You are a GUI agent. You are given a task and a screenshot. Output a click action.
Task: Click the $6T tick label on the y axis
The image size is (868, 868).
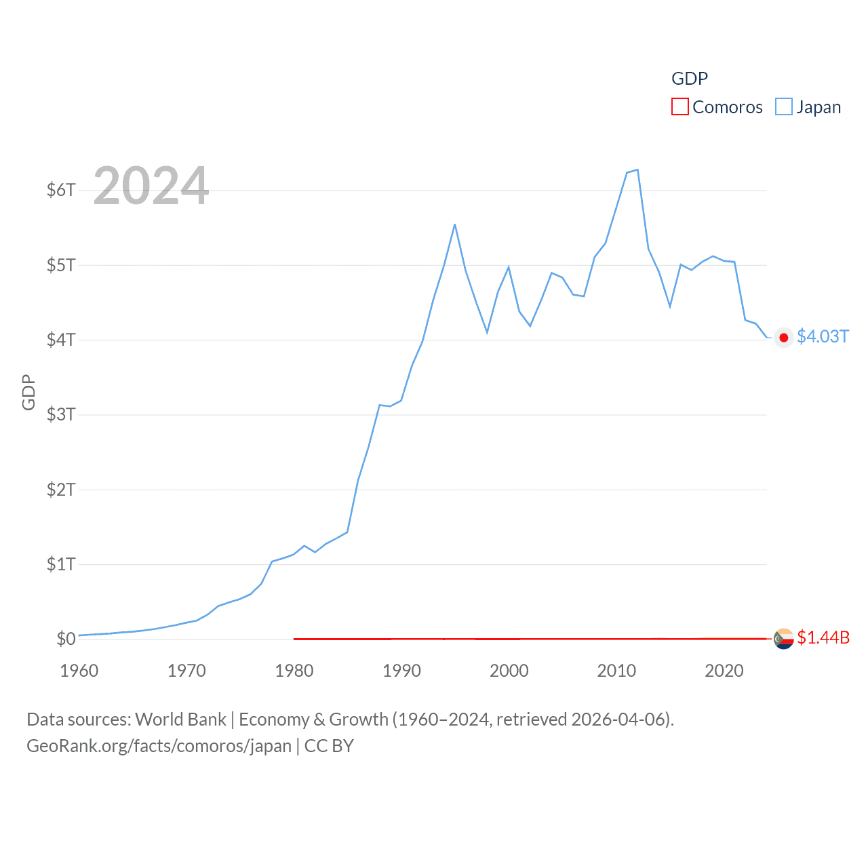60,190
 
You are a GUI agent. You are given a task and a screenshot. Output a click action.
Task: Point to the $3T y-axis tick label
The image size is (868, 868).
60,414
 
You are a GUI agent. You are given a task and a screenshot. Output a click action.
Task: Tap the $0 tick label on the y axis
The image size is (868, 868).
66,639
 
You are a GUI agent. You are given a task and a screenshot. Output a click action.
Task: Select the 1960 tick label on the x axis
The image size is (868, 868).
79,671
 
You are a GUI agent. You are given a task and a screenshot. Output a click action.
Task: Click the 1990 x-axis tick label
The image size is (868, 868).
401,671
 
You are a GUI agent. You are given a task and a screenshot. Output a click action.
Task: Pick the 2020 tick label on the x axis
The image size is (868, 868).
724,671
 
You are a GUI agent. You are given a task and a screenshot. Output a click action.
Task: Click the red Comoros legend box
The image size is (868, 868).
680,107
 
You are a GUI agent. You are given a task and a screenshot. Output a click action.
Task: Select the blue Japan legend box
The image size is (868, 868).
784,107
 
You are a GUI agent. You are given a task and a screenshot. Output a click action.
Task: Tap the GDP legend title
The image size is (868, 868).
690,79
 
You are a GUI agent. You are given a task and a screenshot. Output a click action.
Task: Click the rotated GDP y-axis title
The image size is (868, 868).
28,392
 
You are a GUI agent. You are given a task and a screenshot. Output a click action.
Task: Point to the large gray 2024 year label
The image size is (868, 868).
151,186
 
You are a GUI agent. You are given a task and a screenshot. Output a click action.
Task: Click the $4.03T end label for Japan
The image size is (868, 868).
823,337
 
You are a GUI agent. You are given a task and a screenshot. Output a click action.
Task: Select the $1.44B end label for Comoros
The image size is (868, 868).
823,637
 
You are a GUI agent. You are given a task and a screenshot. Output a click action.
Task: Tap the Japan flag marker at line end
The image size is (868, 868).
784,338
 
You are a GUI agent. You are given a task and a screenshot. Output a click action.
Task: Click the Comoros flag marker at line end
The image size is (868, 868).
784,639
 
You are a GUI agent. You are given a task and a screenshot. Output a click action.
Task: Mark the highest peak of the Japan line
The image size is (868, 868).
637,170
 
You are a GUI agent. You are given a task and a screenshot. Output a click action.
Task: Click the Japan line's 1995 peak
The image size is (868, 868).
454,224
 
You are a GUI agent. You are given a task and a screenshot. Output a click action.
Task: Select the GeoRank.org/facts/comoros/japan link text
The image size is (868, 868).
159,746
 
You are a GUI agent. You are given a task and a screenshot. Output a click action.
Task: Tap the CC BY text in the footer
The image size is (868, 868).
329,746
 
